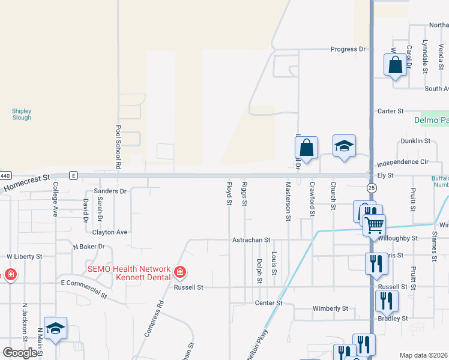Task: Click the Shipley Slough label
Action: pyautogui.click(x=22, y=114)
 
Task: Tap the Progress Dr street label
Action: pyautogui.click(x=350, y=49)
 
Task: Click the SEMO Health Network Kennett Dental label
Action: pyautogui.click(x=130, y=274)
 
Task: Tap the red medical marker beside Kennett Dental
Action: pyautogui.click(x=179, y=273)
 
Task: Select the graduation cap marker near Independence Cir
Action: pyautogui.click(x=344, y=146)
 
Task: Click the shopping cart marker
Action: pyautogui.click(x=374, y=226)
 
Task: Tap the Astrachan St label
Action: pyautogui.click(x=252, y=239)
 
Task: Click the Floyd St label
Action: pyautogui.click(x=229, y=193)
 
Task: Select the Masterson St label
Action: pyautogui.click(x=289, y=202)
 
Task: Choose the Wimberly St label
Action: pyautogui.click(x=330, y=308)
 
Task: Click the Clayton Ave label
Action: pyautogui.click(x=110, y=232)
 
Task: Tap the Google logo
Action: pyautogui.click(x=20, y=353)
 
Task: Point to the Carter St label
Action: pyautogui.click(x=391, y=111)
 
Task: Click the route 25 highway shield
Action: pyautogui.click(x=372, y=188)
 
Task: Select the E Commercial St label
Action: pyautogui.click(x=85, y=288)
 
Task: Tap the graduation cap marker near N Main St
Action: pyautogui.click(x=55, y=328)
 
